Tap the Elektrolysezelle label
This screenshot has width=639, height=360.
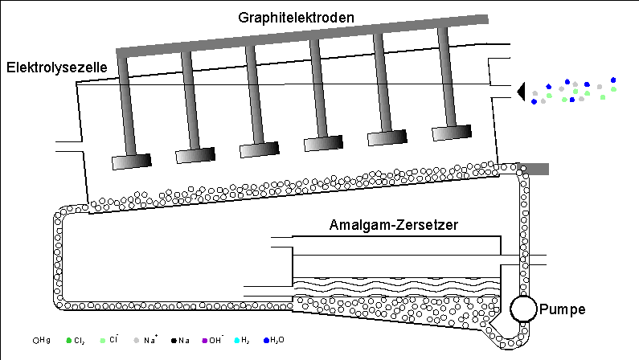tap(56, 68)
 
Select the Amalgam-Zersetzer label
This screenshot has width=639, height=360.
tap(394, 226)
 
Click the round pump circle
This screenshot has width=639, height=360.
tap(524, 308)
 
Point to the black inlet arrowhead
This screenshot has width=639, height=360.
tap(522, 92)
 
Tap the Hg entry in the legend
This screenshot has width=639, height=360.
tap(42, 340)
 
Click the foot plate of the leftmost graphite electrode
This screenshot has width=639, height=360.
tap(131, 162)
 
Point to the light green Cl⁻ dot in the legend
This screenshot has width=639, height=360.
tap(103, 340)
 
